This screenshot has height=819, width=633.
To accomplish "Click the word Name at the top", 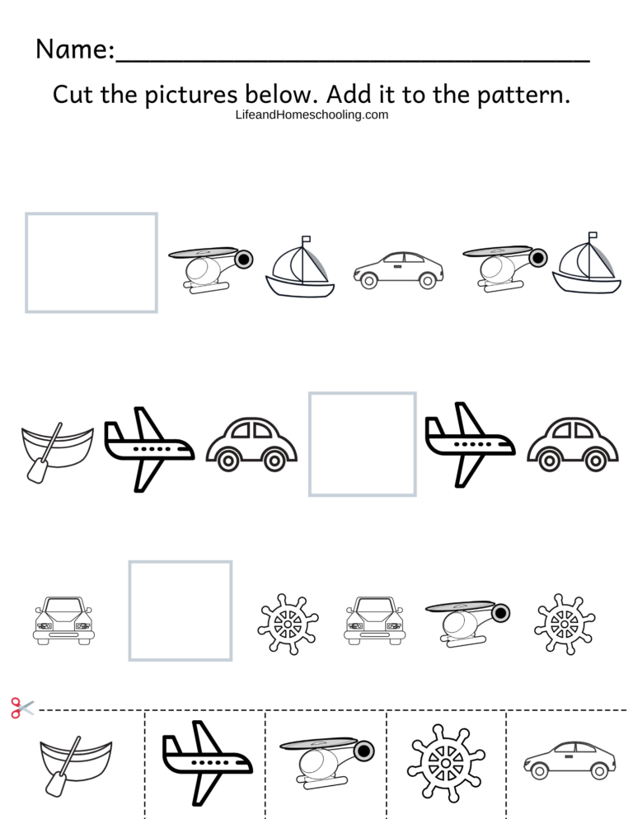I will [x=73, y=49].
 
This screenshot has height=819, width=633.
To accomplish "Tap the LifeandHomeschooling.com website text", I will [x=312, y=115].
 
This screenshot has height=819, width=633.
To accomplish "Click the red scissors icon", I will [x=21, y=707].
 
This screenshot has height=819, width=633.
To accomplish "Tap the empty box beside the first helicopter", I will [x=91, y=263].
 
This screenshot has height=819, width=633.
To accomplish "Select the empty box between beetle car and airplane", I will [x=362, y=444].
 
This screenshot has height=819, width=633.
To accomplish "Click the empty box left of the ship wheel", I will [x=181, y=611].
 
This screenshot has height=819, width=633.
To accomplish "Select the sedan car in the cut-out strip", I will [x=569, y=760].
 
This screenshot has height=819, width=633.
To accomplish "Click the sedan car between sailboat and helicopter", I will [x=398, y=269].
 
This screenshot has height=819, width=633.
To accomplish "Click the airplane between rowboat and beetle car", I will [x=148, y=448].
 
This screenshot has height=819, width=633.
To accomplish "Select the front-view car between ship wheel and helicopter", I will [x=374, y=620].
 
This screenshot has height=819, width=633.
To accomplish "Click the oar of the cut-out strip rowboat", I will [x=63, y=768].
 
